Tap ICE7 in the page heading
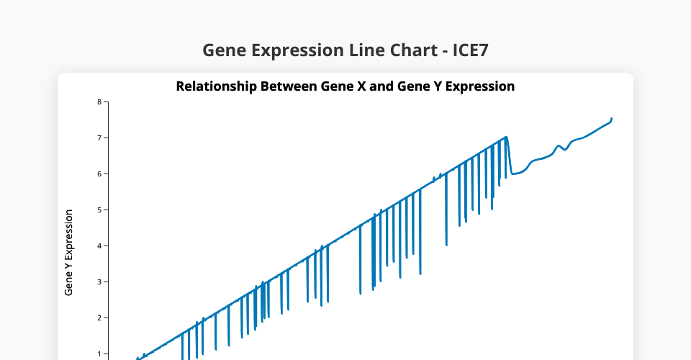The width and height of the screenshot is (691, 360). pyautogui.click(x=471, y=50)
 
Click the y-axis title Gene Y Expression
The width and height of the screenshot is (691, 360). pyautogui.click(x=68, y=253)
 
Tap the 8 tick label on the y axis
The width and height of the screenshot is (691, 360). pyautogui.click(x=99, y=102)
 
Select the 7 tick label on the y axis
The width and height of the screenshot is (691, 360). pyautogui.click(x=99, y=138)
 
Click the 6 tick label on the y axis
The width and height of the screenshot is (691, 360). pyautogui.click(x=99, y=174)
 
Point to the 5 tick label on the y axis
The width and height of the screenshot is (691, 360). pyautogui.click(x=99, y=210)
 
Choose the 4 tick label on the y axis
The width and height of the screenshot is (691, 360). pyautogui.click(x=99, y=246)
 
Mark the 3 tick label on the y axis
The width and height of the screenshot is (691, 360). pyautogui.click(x=99, y=282)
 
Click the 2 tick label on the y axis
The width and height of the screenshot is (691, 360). pyautogui.click(x=99, y=318)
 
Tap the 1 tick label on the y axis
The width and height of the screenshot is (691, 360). pyautogui.click(x=99, y=354)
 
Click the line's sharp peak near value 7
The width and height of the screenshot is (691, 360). pyautogui.click(x=506, y=137)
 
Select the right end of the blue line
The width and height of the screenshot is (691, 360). pyautogui.click(x=612, y=119)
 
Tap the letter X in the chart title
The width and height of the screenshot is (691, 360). pyautogui.click(x=361, y=86)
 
